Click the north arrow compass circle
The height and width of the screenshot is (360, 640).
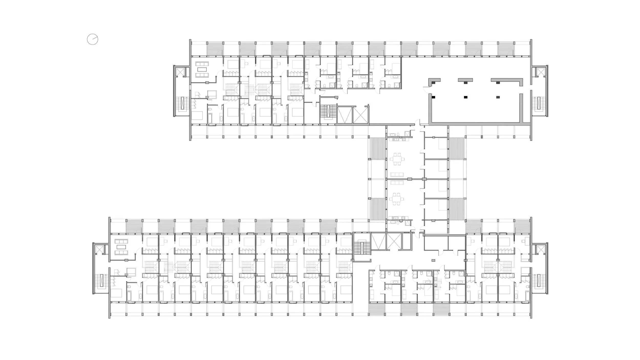92,39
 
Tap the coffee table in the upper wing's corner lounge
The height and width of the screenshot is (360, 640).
202,69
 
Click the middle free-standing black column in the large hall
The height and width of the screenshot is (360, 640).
465,97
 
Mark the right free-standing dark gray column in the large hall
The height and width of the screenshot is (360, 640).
498,97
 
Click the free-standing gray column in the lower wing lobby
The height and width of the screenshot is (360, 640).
433,260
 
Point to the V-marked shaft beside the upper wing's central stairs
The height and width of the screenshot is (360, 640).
344,115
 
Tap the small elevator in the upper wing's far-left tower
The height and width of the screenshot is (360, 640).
180,71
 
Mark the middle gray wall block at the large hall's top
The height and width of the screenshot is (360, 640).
465,80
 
